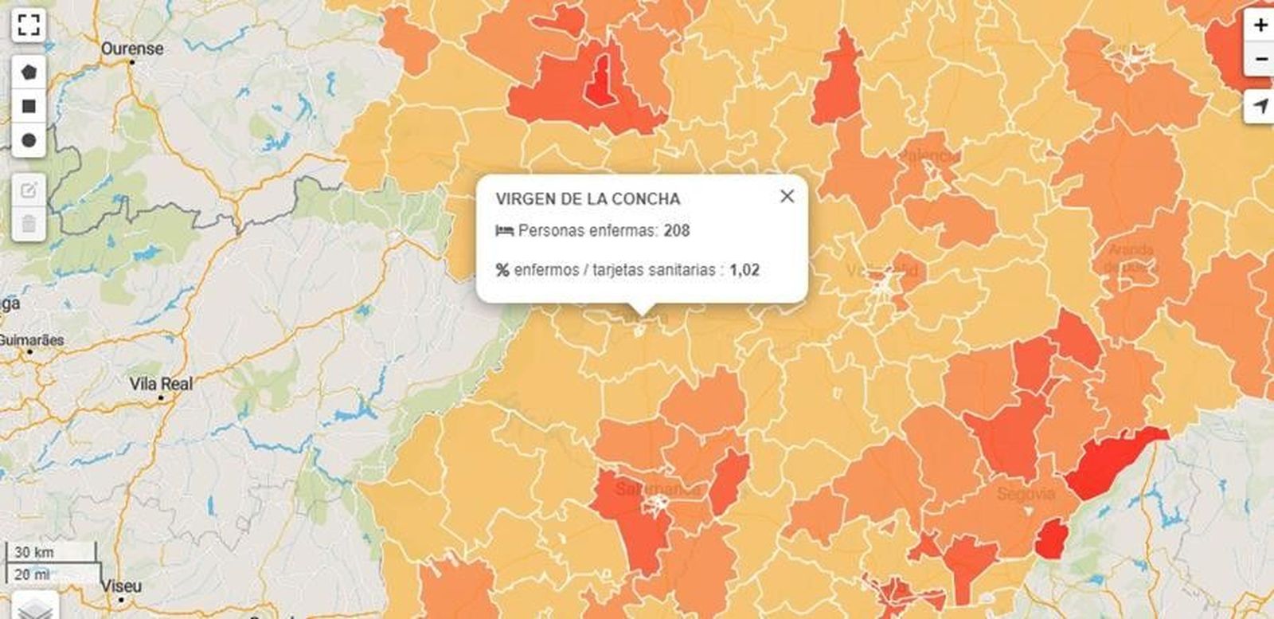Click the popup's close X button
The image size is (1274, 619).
(x=787, y=196)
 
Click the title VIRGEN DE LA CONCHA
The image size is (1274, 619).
(x=588, y=199)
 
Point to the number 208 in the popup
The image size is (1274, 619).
(x=676, y=231)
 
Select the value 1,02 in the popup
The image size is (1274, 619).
(x=744, y=270)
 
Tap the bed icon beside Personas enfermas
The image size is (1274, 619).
(x=503, y=231)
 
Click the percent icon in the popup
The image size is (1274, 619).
(x=502, y=270)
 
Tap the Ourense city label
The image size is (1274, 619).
(x=132, y=49)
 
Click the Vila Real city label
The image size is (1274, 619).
(x=161, y=384)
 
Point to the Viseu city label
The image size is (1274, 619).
(x=121, y=586)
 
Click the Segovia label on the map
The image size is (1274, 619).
(x=1026, y=494)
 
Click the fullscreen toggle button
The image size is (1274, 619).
(x=29, y=25)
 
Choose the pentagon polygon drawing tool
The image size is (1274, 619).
(x=29, y=72)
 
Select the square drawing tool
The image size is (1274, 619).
(x=29, y=106)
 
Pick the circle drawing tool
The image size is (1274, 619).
(x=29, y=140)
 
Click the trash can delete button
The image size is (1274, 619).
(x=29, y=224)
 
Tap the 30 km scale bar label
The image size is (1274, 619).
(x=34, y=552)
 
